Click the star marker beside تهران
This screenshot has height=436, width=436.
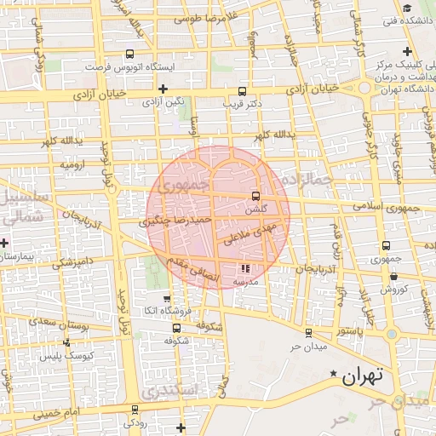coord(335,374)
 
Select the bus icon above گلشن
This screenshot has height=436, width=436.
coord(256,196)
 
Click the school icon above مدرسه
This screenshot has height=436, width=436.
coord(247,269)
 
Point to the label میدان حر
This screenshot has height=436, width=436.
coord(308,347)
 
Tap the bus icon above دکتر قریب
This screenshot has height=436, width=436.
coord(243,90)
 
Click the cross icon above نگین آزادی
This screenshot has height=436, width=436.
coord(163,89)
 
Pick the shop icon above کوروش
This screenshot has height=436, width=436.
coord(393,276)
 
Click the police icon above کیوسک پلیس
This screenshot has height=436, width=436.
coord(66,342)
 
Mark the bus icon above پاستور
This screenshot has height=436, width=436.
coord(307,333)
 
